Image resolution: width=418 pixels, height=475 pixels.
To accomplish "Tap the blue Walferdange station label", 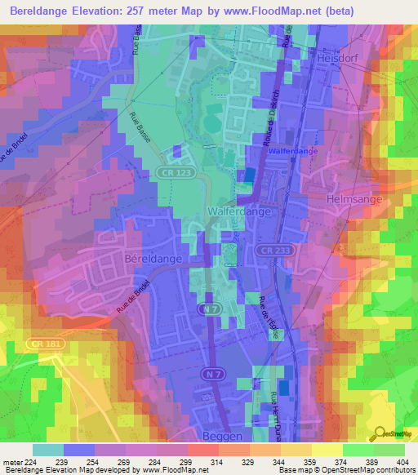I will tap(290, 152).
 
